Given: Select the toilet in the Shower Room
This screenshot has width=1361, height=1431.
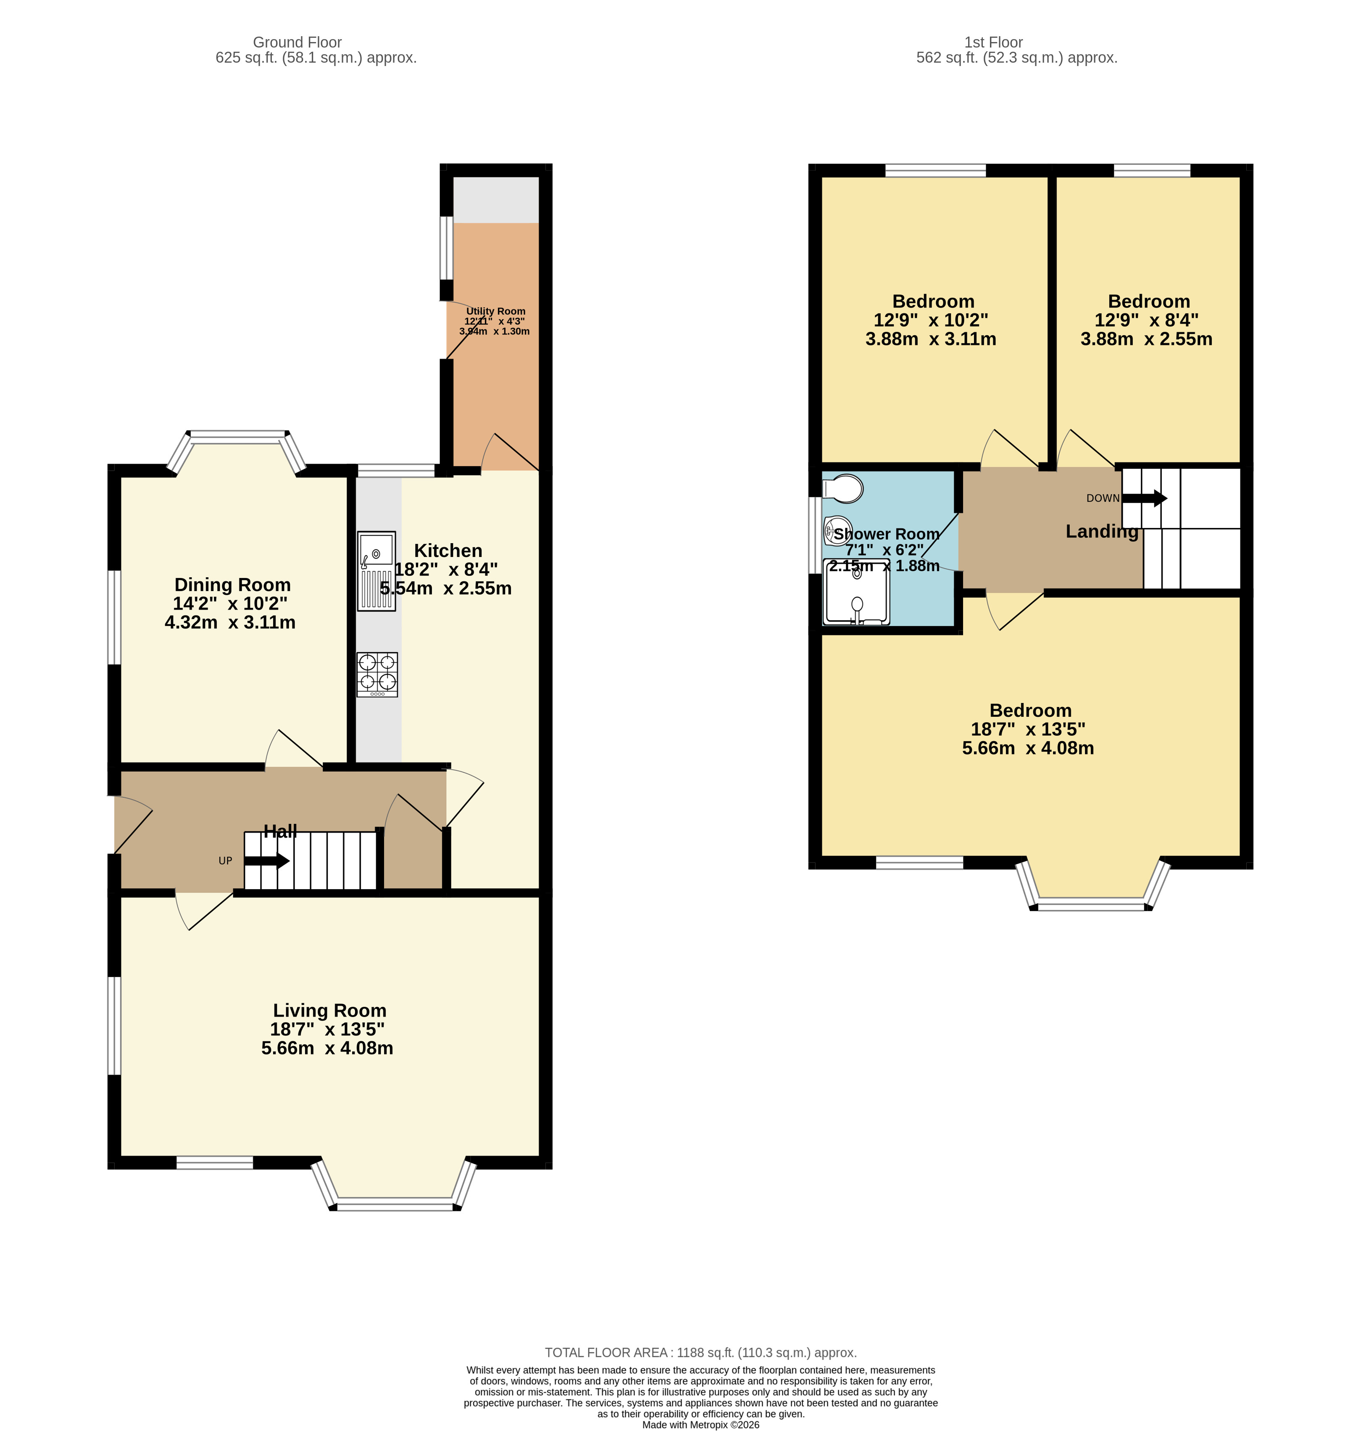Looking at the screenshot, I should coord(843,488).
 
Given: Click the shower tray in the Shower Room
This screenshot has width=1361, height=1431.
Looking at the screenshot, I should coord(856,592).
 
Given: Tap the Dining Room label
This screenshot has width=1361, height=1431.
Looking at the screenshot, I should coord(232,585).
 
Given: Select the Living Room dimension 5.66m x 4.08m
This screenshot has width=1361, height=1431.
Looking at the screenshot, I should coord(327,1048).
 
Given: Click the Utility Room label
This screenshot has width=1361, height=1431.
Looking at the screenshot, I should coord(495,311).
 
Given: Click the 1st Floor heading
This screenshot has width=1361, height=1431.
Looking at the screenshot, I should coord(993,42).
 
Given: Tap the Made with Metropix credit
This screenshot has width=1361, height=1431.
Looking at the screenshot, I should coord(700,1424).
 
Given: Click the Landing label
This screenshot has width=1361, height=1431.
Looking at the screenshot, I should coord(1101,531).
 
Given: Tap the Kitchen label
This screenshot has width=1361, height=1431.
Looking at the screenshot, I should coord(448,551).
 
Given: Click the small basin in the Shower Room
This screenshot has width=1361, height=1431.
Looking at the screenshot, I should coord(837,530).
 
